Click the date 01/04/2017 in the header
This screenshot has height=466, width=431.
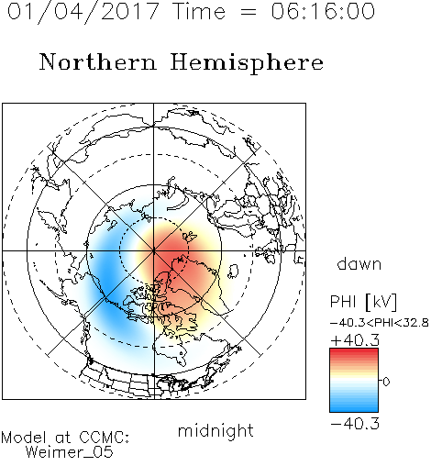[83, 12]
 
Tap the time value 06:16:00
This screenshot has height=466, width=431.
[323, 11]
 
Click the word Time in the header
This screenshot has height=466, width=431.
[199, 11]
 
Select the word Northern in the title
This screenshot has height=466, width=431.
[97, 61]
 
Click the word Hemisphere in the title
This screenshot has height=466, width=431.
[247, 62]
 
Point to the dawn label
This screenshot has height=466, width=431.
[359, 264]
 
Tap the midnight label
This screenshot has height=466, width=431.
[215, 431]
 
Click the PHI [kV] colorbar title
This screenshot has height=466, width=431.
[363, 302]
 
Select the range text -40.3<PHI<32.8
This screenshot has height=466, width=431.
[380, 323]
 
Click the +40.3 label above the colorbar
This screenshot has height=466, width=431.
[355, 340]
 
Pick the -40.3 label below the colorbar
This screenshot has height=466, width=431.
[355, 424]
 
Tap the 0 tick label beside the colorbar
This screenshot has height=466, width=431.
[386, 382]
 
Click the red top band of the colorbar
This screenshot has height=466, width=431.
[354, 351]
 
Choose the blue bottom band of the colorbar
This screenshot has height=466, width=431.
[354, 408]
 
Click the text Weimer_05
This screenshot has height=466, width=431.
[69, 452]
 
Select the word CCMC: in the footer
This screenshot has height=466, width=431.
[104, 438]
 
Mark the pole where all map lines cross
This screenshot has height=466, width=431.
[154, 250]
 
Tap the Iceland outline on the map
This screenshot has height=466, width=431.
[234, 272]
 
